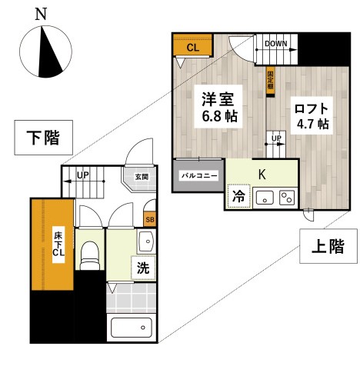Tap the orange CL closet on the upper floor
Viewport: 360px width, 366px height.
(192, 46)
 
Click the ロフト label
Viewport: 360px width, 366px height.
(312, 108)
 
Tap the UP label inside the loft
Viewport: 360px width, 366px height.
(275, 139)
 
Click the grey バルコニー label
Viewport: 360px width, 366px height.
(198, 175)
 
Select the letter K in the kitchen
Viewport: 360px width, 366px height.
(262, 174)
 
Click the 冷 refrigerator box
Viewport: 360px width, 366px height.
(238, 196)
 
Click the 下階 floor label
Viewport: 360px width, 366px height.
(44, 139)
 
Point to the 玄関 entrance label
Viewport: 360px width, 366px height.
(141, 177)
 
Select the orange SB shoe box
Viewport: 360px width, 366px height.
(150, 219)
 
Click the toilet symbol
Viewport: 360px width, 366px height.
(90, 254)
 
